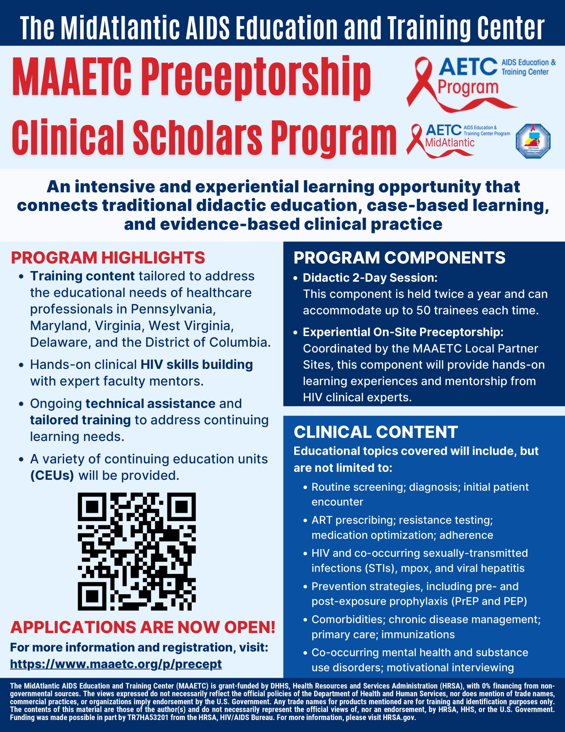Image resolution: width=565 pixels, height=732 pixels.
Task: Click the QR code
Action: [x=137, y=551]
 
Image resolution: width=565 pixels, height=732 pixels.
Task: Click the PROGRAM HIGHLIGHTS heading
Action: [x=108, y=258]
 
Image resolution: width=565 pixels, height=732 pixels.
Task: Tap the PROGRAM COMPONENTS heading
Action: [x=399, y=258]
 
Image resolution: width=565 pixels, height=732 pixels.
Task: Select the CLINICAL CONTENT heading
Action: [x=375, y=432]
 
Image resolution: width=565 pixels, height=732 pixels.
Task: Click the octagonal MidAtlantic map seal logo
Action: [x=532, y=141]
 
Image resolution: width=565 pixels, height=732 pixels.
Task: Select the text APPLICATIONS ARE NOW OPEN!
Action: [x=143, y=627]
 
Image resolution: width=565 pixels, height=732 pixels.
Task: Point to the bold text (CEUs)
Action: [x=52, y=475]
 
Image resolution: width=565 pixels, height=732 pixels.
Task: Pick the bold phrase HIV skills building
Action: [x=197, y=364]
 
